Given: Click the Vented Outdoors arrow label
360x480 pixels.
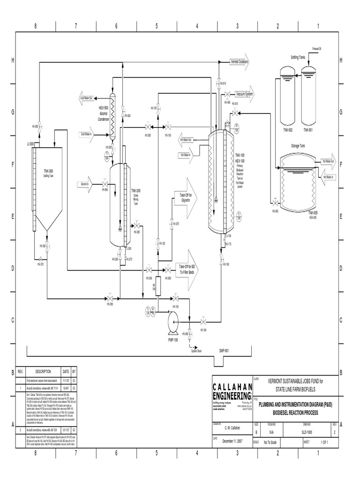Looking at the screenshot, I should click(239, 62).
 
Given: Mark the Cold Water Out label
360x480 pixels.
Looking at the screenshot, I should click(87, 98).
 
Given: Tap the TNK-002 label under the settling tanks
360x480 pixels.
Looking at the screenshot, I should click(287, 130).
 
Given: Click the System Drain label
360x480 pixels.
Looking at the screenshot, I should click(195, 350).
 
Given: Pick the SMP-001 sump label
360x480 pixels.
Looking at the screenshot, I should click(224, 350).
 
